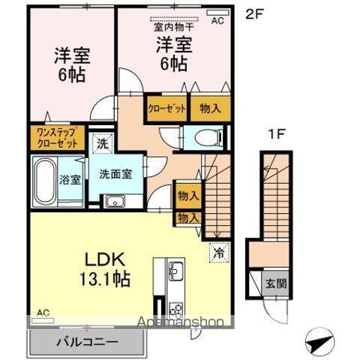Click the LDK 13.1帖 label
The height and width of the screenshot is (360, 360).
coord(106,269)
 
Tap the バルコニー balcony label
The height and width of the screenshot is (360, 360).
coord(86,342)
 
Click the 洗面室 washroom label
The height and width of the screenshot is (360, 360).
coord(115,173)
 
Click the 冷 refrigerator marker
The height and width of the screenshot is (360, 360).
coord(219,253)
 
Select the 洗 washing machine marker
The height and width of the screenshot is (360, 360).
coord(100,142)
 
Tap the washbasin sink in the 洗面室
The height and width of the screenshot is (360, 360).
coord(115,200)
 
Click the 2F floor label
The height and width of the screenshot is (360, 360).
coord(255,13)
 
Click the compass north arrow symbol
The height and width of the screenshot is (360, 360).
coord(319,342)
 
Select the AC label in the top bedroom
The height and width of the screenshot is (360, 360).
coord(217,21)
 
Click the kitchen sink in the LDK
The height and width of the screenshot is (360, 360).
coord(176,270)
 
